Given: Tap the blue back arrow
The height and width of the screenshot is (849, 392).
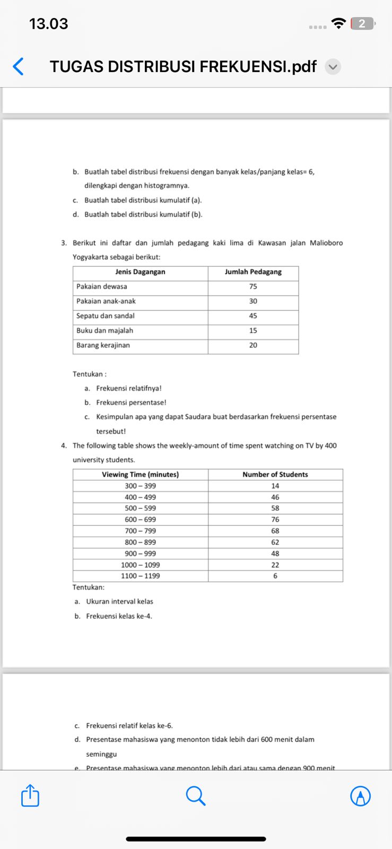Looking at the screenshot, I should pyautogui.click(x=18, y=67).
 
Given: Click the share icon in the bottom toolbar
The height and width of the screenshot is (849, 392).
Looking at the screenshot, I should pyautogui.click(x=30, y=796).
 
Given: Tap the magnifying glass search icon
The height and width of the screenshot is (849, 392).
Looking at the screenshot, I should pyautogui.click(x=196, y=796).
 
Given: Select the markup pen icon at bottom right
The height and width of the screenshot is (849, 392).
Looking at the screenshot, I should pyautogui.click(x=361, y=796).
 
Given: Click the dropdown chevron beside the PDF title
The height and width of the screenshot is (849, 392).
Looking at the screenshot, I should pyautogui.click(x=333, y=67).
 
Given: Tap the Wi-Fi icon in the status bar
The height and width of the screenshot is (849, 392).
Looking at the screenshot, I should pyautogui.click(x=338, y=23).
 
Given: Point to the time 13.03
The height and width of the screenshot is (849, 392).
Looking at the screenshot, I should pyautogui.click(x=48, y=24).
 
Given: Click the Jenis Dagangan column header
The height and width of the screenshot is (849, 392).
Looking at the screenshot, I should pyautogui.click(x=140, y=272).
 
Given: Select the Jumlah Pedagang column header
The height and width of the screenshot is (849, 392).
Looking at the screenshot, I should pyautogui.click(x=253, y=272).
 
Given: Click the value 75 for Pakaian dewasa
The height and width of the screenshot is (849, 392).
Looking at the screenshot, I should pyautogui.click(x=253, y=287).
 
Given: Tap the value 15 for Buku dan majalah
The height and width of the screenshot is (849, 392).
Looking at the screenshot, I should pyautogui.click(x=253, y=331).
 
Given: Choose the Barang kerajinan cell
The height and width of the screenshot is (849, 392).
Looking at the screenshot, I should pyautogui.click(x=103, y=345).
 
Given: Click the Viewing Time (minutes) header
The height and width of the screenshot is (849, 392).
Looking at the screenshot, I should pyautogui.click(x=140, y=474).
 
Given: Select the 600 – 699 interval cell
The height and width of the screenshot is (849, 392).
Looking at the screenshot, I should pyautogui.click(x=140, y=519).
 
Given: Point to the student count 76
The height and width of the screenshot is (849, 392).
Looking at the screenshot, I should pyautogui.click(x=275, y=519).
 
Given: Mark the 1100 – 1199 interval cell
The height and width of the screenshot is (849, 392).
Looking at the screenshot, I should pyautogui.click(x=140, y=576).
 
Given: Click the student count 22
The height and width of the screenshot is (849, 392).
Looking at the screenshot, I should pyautogui.click(x=275, y=565).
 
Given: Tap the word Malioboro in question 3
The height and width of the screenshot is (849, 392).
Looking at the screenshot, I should pyautogui.click(x=326, y=243).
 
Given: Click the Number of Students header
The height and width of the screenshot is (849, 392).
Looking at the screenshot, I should pyautogui.click(x=275, y=474).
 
